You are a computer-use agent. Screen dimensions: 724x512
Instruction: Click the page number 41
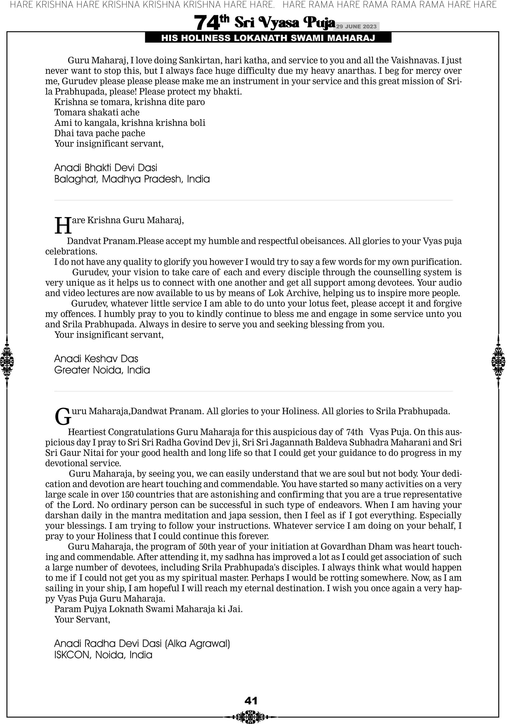click(251, 701)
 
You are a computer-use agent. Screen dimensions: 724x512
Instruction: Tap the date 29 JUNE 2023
click(356, 26)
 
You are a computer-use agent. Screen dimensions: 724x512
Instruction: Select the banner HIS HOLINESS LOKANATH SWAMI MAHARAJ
click(268, 38)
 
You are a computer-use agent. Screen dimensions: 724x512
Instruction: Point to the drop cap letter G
click(63, 417)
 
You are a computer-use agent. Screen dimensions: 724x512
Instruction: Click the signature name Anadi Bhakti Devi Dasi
click(106, 167)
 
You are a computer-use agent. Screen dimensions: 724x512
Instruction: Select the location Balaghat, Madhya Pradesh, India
click(132, 179)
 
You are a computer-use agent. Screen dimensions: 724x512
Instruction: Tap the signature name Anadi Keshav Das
click(96, 358)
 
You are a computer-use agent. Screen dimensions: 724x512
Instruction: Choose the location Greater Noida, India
click(102, 370)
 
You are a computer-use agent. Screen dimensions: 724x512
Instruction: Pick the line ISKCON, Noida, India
click(103, 655)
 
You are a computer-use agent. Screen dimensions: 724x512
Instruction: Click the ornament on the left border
click(7, 361)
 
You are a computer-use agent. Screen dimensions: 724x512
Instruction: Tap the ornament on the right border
click(498, 361)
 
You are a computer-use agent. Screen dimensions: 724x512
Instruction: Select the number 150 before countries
click(128, 495)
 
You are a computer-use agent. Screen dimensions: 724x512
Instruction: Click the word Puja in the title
click(319, 22)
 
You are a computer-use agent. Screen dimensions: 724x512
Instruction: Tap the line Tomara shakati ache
click(97, 112)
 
